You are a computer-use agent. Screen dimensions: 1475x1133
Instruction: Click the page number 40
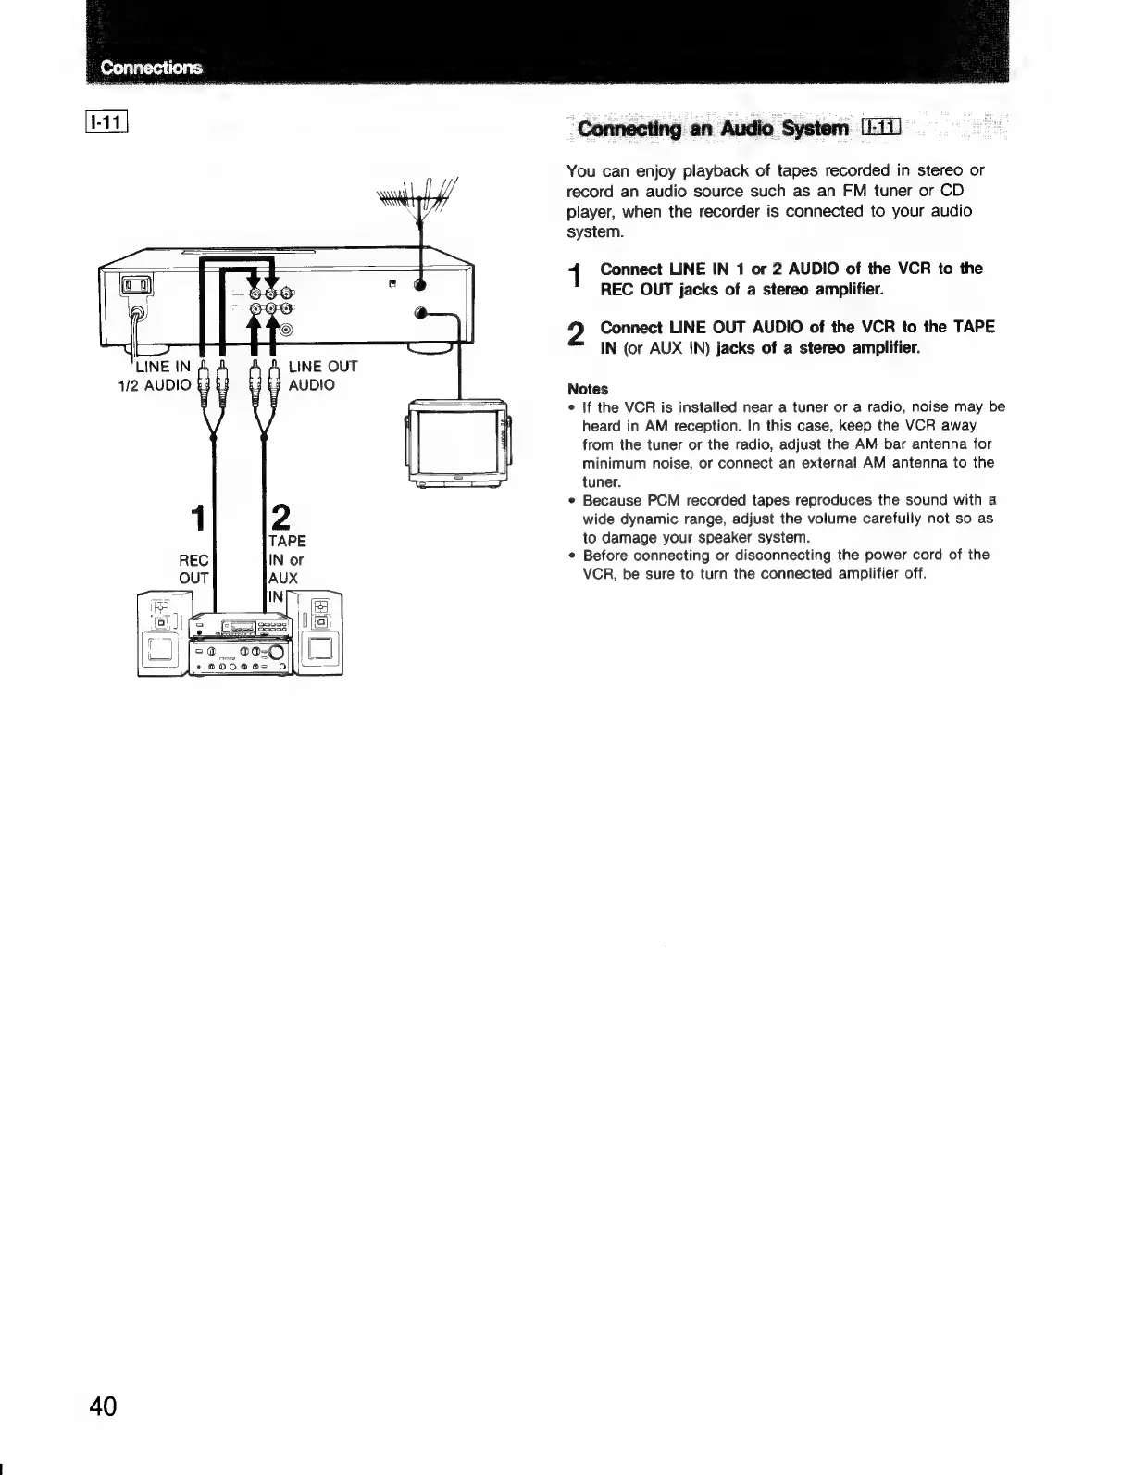tap(103, 1406)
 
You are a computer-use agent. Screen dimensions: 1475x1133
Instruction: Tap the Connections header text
tap(151, 68)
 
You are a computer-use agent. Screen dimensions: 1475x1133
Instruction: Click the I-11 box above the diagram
tap(110, 121)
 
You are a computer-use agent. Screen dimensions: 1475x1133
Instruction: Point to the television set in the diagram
tap(458, 442)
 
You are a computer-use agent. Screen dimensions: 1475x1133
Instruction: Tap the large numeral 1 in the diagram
tap(195, 519)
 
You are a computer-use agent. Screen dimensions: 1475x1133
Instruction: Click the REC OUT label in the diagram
tap(194, 569)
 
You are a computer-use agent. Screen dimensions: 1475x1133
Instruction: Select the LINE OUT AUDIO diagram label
tap(322, 376)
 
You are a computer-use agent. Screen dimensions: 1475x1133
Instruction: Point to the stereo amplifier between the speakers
tap(241, 646)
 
